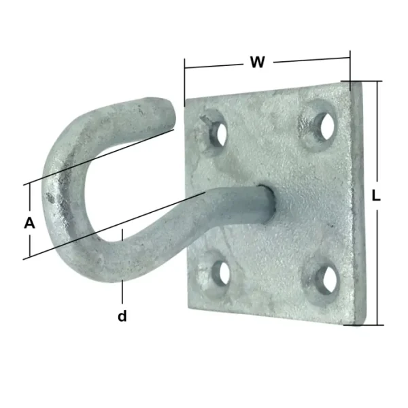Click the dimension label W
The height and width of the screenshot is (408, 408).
point(257,63)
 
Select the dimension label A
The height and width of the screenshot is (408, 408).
point(29,222)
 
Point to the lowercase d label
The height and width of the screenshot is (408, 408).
point(122,316)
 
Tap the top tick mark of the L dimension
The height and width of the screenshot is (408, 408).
point(367,81)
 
